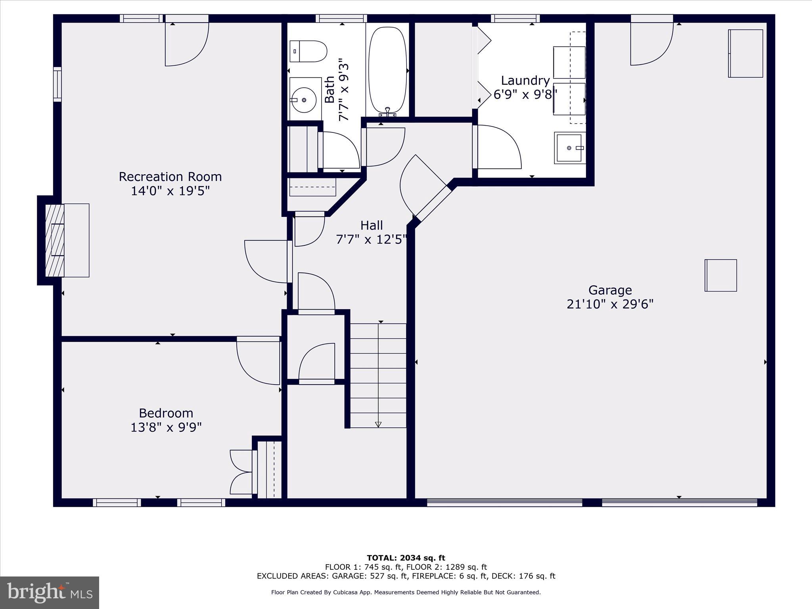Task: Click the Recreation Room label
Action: [170, 176]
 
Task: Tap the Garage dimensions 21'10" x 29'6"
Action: [610, 304]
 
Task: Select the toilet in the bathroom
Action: [308, 51]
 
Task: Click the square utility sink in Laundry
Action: [570, 148]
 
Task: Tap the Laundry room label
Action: [525, 80]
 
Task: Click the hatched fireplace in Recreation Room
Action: [55, 240]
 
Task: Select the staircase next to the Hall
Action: [378, 375]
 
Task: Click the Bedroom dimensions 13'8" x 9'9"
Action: [166, 427]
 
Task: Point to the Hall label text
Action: [372, 225]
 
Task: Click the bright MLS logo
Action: [50, 592]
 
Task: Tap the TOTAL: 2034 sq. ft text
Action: [406, 558]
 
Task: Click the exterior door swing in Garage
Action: [651, 44]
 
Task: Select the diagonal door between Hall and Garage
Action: [424, 186]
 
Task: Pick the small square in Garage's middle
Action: [720, 276]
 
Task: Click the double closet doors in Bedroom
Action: [241, 472]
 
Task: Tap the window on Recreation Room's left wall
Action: [57, 84]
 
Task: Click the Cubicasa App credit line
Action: [406, 592]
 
